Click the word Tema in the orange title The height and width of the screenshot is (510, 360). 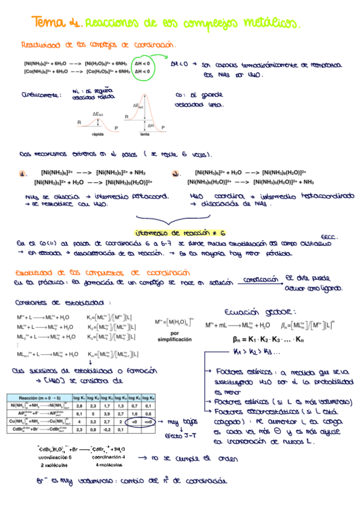pos(47,23)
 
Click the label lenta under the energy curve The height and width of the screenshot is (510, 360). pos(145,135)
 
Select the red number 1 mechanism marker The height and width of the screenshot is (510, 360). pos(24,174)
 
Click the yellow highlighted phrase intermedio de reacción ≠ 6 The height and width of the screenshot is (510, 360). pos(180,232)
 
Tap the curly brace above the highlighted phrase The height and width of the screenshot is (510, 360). pos(180,219)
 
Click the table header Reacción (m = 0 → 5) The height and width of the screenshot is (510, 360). pos(37,398)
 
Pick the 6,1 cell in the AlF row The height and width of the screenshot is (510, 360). pos(79,414)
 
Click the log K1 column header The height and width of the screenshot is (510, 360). pos(79,398)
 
